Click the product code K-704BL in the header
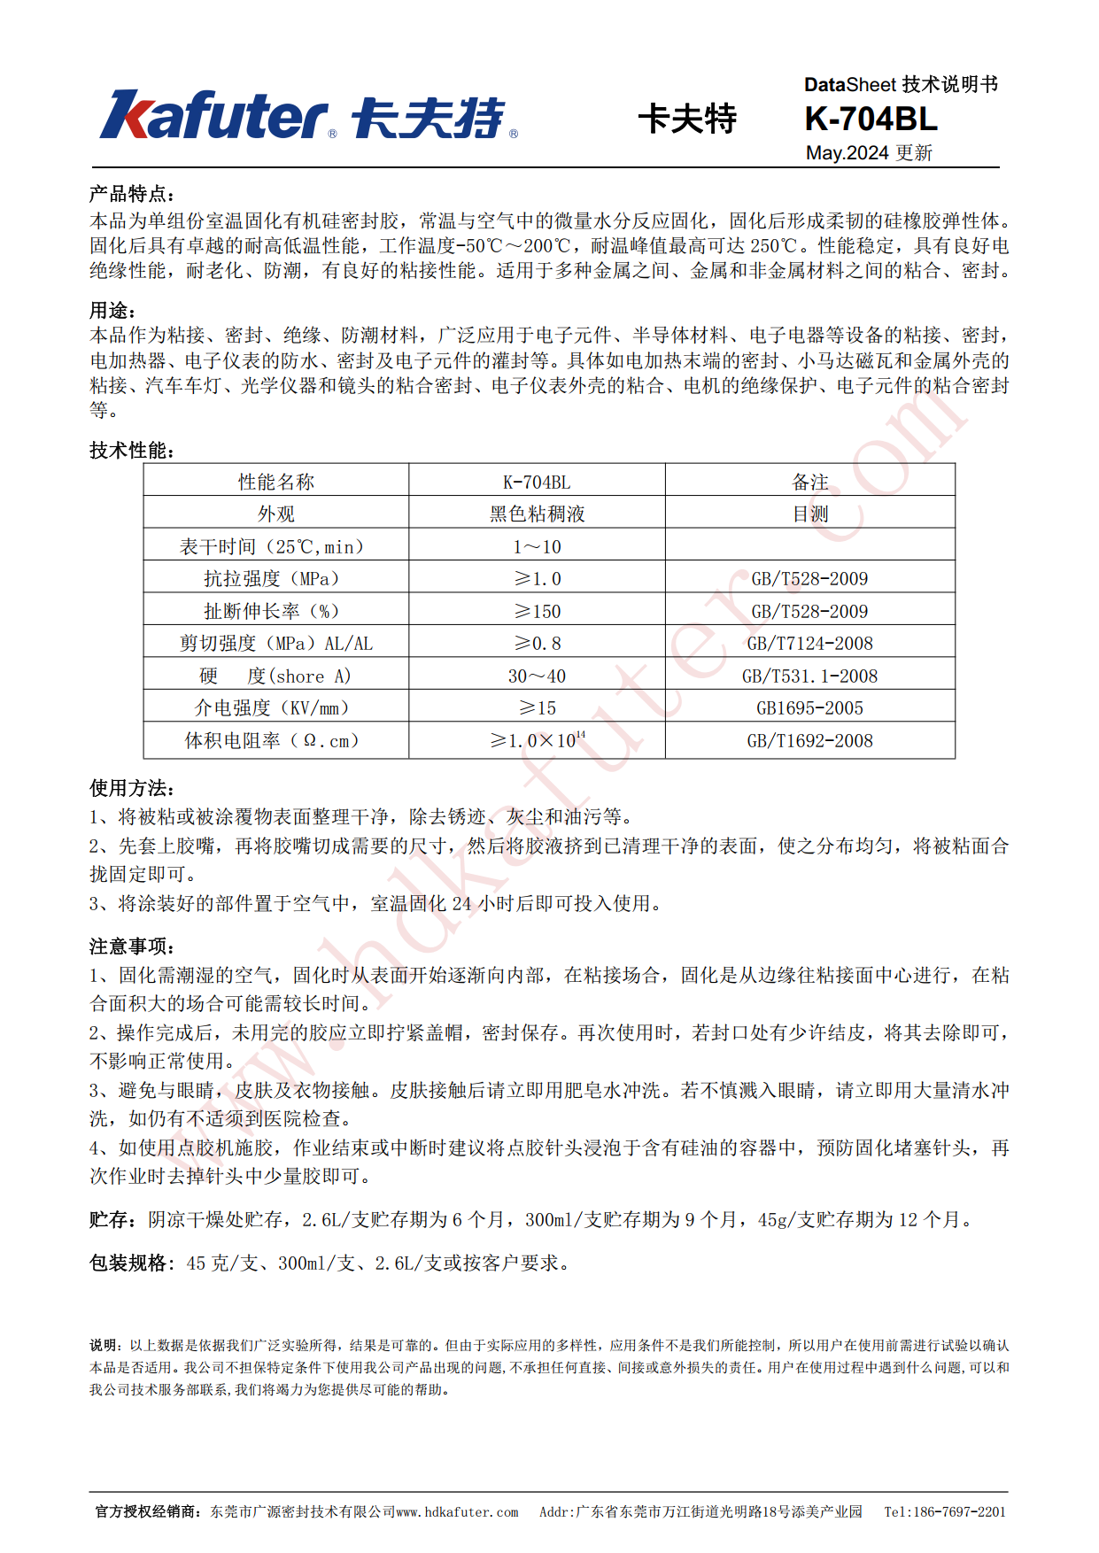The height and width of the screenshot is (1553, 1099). click(x=870, y=119)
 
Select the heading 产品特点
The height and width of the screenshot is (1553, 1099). click(x=132, y=194)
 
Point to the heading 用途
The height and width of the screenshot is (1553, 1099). click(x=112, y=311)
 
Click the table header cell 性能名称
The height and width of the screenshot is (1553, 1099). click(x=276, y=482)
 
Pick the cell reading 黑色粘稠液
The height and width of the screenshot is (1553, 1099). click(x=537, y=514)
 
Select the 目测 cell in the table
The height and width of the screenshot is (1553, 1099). click(x=809, y=514)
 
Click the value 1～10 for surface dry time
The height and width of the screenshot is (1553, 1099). click(x=537, y=546)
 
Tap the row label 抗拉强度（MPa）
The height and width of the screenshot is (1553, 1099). click(x=272, y=579)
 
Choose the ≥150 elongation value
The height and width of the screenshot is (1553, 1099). click(x=537, y=611)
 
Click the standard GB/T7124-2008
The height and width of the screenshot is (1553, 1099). click(x=809, y=644)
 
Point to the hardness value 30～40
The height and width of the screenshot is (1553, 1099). click(x=537, y=676)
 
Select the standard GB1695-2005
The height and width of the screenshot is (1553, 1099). click(x=809, y=708)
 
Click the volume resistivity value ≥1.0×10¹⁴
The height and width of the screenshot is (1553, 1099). click(x=537, y=740)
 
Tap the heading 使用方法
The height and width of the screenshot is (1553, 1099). click(x=132, y=788)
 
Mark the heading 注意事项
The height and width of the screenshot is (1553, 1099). click(x=132, y=946)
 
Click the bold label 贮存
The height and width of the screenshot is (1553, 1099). click(x=112, y=1220)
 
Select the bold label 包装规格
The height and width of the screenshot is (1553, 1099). click(x=131, y=1263)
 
